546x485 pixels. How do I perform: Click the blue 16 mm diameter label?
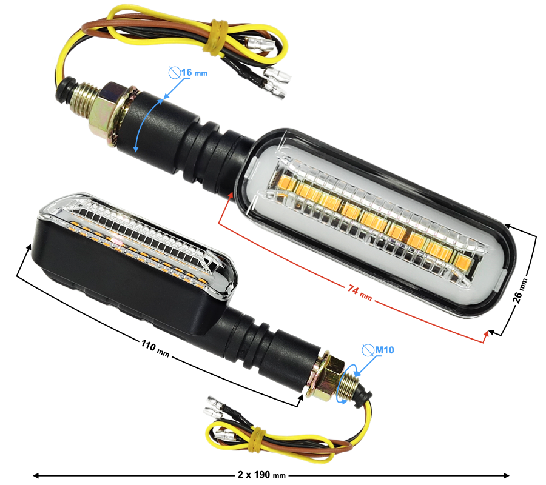(194, 73)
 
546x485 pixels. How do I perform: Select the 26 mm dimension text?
(521, 290)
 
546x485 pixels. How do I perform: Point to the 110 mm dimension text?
(155, 348)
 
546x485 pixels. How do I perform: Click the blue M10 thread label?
(385, 350)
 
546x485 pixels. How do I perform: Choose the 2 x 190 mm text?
(261, 475)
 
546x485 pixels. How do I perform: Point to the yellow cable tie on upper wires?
(215, 37)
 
